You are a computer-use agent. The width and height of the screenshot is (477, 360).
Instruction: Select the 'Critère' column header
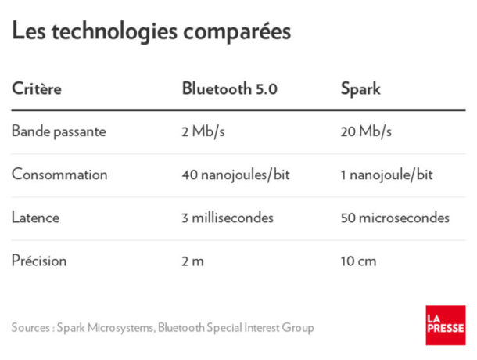click(36, 89)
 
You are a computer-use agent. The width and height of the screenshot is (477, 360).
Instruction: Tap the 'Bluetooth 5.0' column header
click(229, 88)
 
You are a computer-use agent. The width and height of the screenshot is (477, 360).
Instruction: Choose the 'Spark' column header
click(360, 88)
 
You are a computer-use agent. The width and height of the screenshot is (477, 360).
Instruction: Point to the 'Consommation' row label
click(59, 175)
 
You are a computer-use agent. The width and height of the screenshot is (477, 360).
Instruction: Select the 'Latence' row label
click(36, 218)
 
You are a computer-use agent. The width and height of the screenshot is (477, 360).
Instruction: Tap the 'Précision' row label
click(39, 261)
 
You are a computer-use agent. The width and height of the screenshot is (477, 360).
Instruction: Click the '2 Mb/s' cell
click(203, 131)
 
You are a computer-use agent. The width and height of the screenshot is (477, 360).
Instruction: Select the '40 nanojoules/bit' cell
click(235, 175)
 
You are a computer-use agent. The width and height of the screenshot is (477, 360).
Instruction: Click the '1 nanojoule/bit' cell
click(386, 175)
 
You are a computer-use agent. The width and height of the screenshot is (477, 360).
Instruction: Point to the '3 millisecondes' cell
click(228, 218)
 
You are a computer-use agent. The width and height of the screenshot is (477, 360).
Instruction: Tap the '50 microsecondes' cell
click(395, 218)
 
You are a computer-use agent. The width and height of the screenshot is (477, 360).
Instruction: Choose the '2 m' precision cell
click(192, 261)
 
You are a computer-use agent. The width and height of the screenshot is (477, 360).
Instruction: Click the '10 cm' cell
click(358, 261)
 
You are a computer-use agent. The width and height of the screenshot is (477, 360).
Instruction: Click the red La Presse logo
click(445, 325)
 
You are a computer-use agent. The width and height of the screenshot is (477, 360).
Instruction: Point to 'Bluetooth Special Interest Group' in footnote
click(235, 328)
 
